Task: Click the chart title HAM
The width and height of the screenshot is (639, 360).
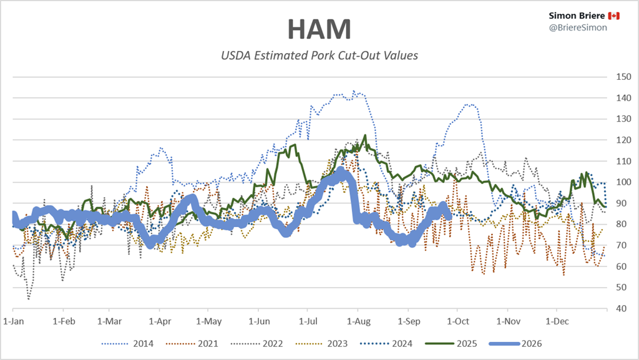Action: [x=319, y=29]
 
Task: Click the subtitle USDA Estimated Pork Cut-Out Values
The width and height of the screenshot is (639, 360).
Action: [x=319, y=56]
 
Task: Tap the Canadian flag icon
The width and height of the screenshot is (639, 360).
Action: [x=614, y=16]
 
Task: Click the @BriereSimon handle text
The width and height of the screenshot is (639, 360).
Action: [x=578, y=27]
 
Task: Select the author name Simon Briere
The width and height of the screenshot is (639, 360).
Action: [x=577, y=16]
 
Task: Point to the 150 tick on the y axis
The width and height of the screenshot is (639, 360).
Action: [x=623, y=77]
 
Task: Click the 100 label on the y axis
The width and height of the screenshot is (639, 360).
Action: [x=623, y=182]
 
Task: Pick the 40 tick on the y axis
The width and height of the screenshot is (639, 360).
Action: [x=622, y=308]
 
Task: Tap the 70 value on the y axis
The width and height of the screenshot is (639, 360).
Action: [x=622, y=245]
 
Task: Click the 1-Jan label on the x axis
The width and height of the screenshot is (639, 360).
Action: [x=14, y=321]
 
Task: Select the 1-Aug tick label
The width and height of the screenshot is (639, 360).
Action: [x=359, y=321]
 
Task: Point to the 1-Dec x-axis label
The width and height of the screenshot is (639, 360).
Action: [x=557, y=321]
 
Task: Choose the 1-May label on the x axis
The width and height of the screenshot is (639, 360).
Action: [x=208, y=321]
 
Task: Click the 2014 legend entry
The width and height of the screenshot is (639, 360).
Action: [x=127, y=344]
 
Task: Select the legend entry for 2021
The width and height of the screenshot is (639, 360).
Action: [x=192, y=344]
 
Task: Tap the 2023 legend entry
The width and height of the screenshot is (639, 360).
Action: [x=321, y=344]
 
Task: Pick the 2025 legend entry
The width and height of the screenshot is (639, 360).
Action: [x=451, y=344]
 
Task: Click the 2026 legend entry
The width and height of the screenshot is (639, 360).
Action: [x=515, y=344]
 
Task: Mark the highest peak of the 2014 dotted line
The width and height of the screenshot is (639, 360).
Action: [x=353, y=91]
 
